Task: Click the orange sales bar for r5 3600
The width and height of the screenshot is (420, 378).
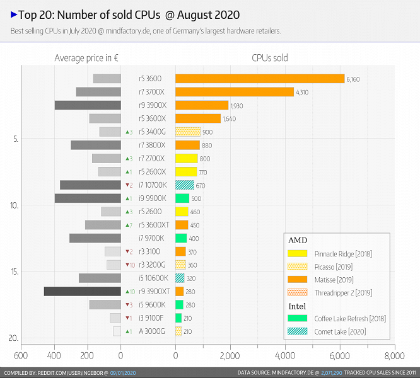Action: [259, 79]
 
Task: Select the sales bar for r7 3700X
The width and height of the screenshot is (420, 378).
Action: [234, 92]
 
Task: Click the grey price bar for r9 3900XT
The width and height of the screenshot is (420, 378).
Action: [82, 291]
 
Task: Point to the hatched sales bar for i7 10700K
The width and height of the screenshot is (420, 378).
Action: [184, 185]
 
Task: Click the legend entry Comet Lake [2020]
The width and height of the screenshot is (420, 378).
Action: [340, 331]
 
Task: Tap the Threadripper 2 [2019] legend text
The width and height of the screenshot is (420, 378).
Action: [344, 292]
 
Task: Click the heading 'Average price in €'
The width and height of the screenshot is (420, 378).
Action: [86, 58]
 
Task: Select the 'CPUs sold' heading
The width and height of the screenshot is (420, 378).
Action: [269, 58]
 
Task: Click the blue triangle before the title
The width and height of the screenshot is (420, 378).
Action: [14, 14]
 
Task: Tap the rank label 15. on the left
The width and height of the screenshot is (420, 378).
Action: [14, 272]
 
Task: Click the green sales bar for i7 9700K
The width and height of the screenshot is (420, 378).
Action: [181, 238]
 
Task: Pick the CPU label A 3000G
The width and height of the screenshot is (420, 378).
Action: [152, 331]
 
